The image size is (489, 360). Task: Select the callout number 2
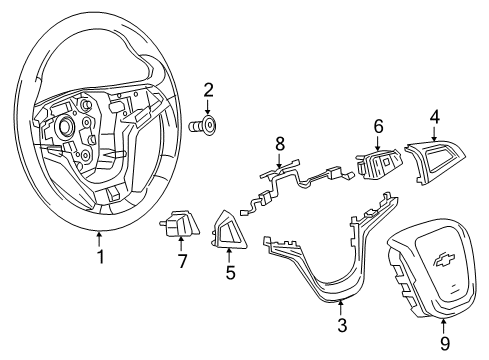point(208,91)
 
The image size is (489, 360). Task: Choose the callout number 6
point(377,127)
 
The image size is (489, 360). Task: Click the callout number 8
point(279,143)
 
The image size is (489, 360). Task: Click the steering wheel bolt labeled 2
point(205,127)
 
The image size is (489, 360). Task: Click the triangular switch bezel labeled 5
point(229,229)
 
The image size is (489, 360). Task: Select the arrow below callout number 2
point(208,108)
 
